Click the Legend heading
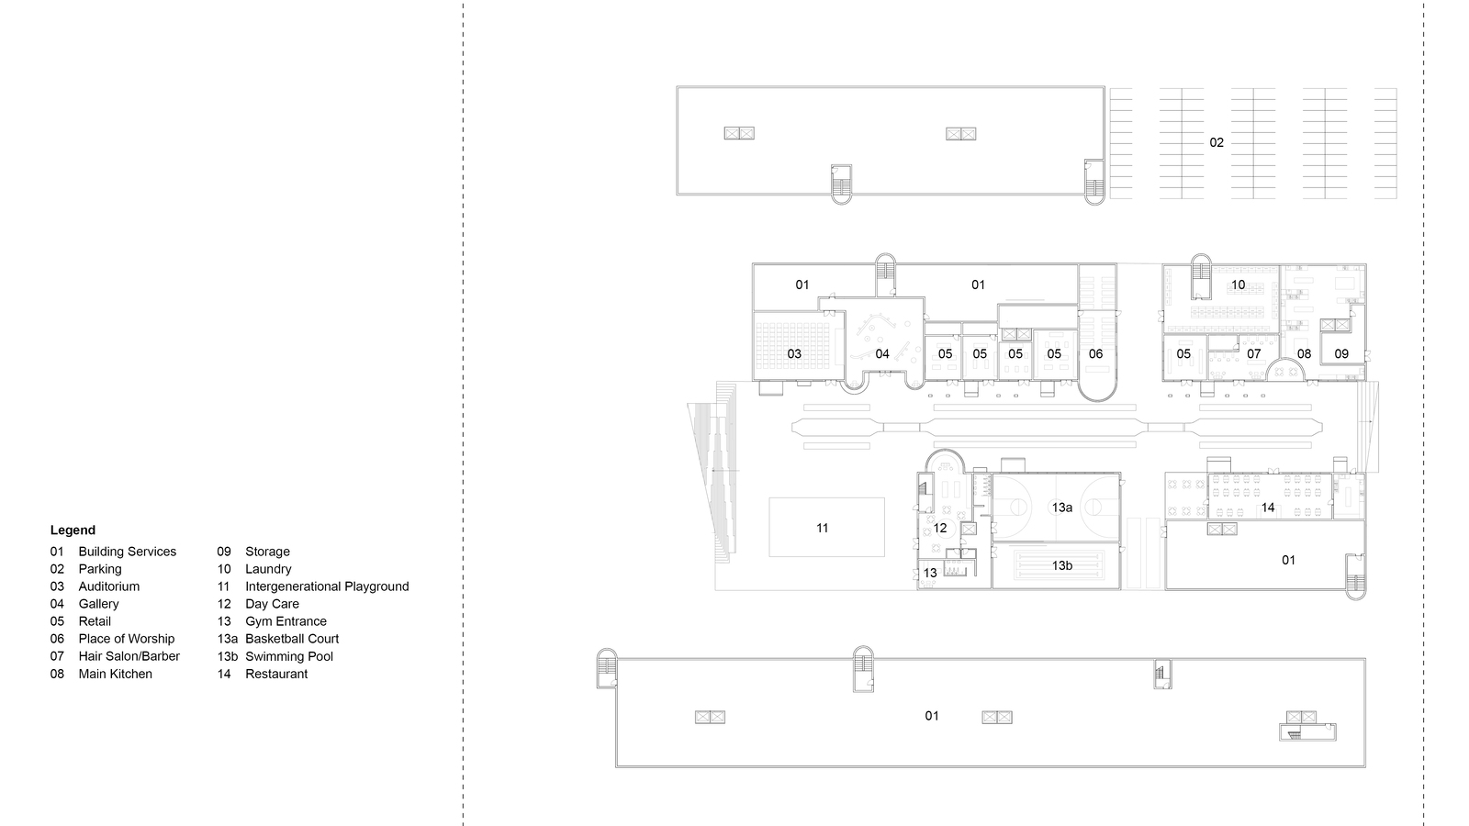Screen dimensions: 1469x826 pos(73,530)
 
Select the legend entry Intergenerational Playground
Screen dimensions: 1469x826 pos(326,586)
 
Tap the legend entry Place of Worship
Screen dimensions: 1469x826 pos(126,639)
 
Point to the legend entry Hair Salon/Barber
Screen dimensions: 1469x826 pos(129,656)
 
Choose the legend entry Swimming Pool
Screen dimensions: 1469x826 pos(288,656)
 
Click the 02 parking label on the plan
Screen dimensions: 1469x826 pos(1217,142)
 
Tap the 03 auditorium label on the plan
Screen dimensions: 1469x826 pos(794,353)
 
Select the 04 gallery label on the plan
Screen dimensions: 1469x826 pos(882,353)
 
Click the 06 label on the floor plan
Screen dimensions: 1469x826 pos(1095,353)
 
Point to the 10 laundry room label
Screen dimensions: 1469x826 pos(1239,285)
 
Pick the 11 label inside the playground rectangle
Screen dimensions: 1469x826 pos(823,528)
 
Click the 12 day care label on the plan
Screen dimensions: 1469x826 pos(940,529)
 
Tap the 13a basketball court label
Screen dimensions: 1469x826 pos(1062,508)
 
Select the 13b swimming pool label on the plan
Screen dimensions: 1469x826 pos(1062,565)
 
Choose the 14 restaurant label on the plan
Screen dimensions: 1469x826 pos(1268,508)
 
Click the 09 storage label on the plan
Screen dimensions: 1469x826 pos(1341,353)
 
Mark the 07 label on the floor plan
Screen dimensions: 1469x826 pos(1254,353)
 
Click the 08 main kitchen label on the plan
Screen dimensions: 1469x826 pos(1304,353)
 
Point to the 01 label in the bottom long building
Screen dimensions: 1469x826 pos(932,716)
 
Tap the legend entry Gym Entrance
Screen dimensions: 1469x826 pos(286,621)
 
